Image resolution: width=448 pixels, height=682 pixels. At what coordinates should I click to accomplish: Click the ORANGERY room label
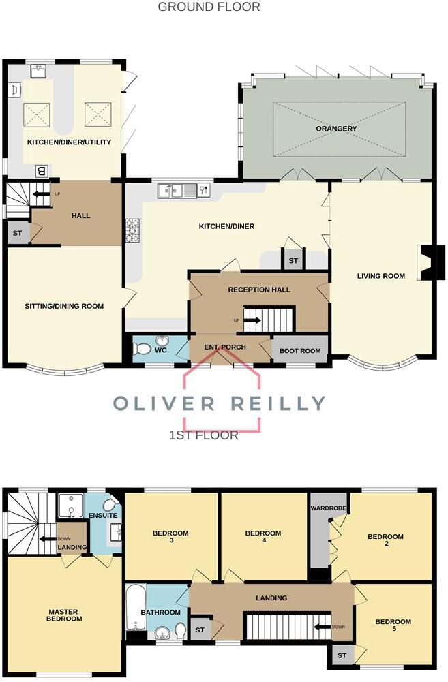tap(336, 128)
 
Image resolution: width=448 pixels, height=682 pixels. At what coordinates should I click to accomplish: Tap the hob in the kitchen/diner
tap(132, 232)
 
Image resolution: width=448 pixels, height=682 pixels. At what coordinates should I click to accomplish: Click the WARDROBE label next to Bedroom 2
tap(325, 508)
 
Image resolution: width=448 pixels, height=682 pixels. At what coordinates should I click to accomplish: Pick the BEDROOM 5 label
tap(393, 626)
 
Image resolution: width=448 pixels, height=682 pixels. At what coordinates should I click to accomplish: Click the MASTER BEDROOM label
tap(65, 614)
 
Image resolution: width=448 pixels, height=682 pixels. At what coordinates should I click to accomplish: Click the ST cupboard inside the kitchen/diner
tap(293, 260)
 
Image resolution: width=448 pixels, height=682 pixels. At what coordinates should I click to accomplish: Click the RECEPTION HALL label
tap(259, 290)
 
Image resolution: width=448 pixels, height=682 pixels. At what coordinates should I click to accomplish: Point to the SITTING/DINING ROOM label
tap(65, 306)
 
